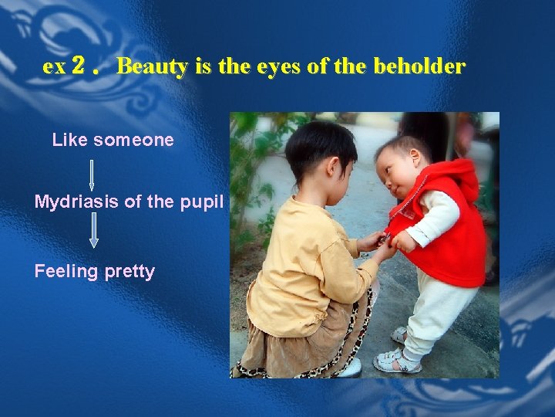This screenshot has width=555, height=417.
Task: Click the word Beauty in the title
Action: pos(152,66)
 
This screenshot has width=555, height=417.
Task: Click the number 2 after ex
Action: pos(77,66)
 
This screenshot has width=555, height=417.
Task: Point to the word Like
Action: pos(69,140)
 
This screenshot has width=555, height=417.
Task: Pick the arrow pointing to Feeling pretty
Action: pos(93,231)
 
